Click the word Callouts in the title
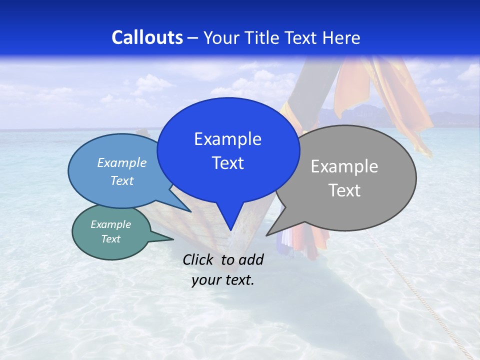(x=147, y=37)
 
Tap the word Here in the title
(x=341, y=37)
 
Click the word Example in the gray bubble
(x=344, y=166)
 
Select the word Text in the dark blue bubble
(x=228, y=163)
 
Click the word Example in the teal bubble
(x=111, y=224)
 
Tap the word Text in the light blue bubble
(x=122, y=180)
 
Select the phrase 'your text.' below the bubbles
(x=223, y=280)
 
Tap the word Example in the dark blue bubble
(x=228, y=139)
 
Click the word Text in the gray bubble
(x=344, y=190)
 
